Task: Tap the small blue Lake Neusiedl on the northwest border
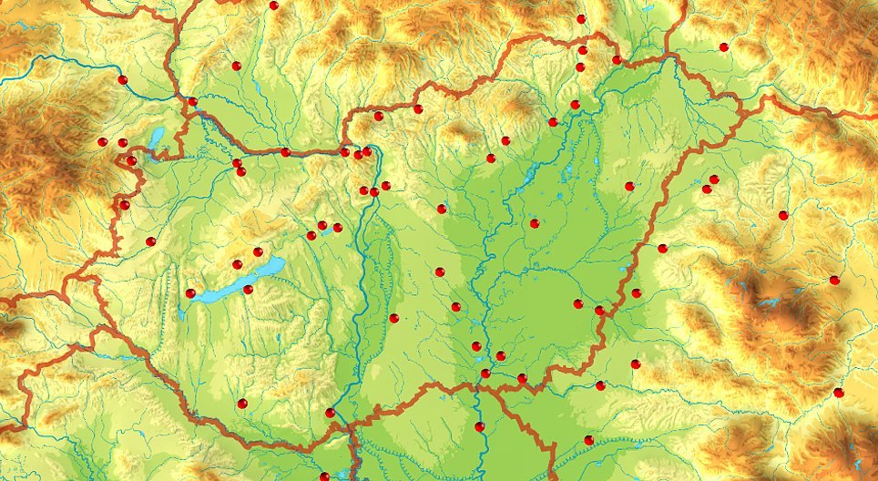point(157,139)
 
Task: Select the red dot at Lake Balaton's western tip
point(190,293)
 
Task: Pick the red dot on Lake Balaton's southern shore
point(248,290)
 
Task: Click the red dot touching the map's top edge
point(273,5)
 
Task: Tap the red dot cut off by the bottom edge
point(324,476)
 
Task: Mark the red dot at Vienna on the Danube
point(123,80)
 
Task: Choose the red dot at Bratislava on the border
point(192,101)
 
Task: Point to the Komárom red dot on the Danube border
point(285,152)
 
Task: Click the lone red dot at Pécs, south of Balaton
point(241,403)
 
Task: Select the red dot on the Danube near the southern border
point(330,413)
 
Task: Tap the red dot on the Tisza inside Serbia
point(479,426)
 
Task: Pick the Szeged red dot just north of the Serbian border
point(485,373)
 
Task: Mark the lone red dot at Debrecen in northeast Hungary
point(629,186)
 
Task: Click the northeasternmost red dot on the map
point(724,46)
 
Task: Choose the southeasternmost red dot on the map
point(839,393)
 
